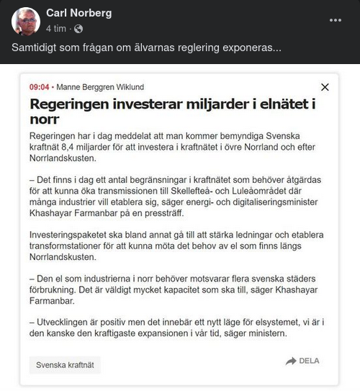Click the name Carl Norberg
click(78, 13)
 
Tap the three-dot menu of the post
click(336, 19)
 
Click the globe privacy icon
click(78, 29)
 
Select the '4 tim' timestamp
click(56, 29)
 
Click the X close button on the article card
click(325, 87)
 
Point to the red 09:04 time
click(39, 87)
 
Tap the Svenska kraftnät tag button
click(64, 365)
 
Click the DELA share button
click(302, 361)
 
